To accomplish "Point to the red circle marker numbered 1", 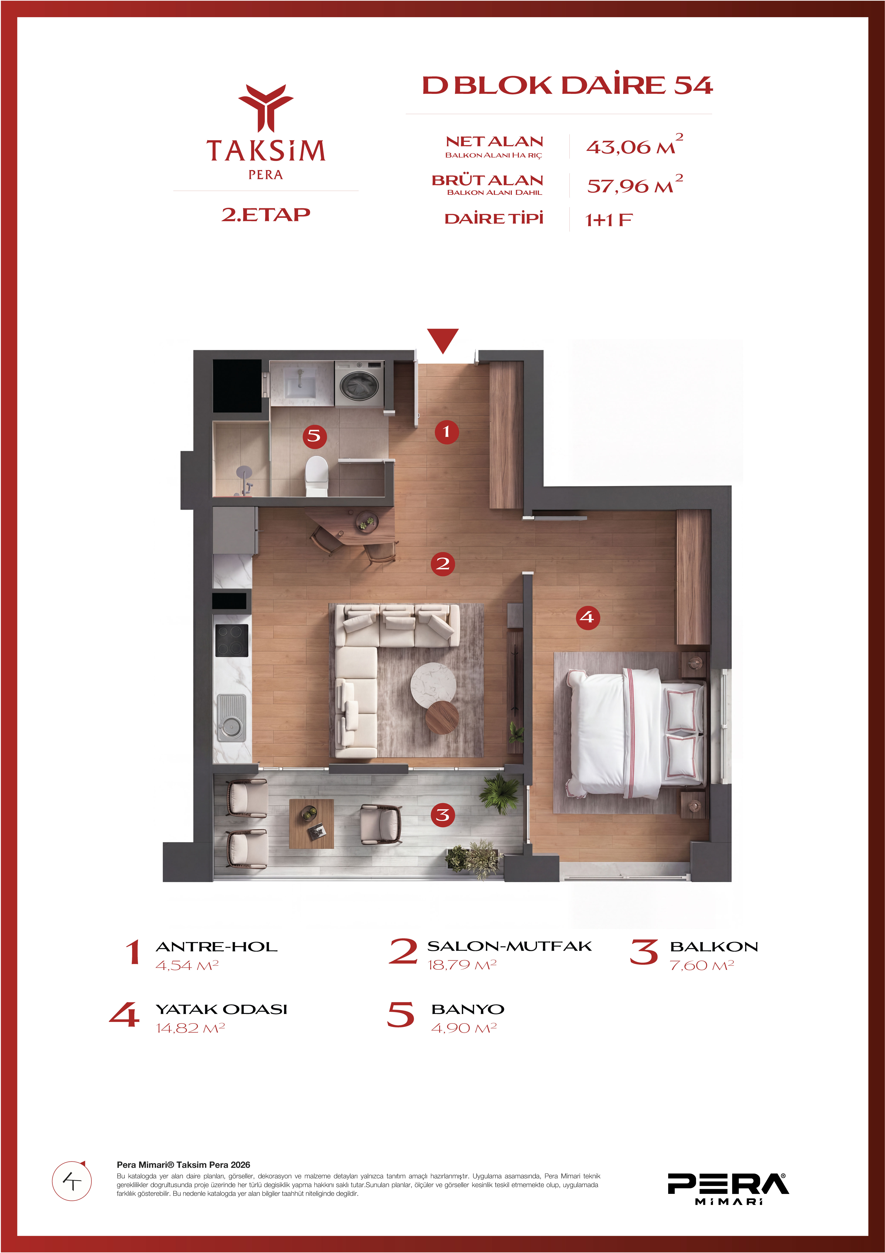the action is [x=446, y=432].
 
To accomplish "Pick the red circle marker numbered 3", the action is [x=443, y=815].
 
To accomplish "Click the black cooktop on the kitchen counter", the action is [x=232, y=640].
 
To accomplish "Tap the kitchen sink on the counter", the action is [x=231, y=717].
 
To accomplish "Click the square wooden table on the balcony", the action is [x=311, y=823].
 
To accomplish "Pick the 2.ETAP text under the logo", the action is [x=266, y=214].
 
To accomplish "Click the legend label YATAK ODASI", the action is [x=221, y=1009].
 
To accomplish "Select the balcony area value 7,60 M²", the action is [x=702, y=965].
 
